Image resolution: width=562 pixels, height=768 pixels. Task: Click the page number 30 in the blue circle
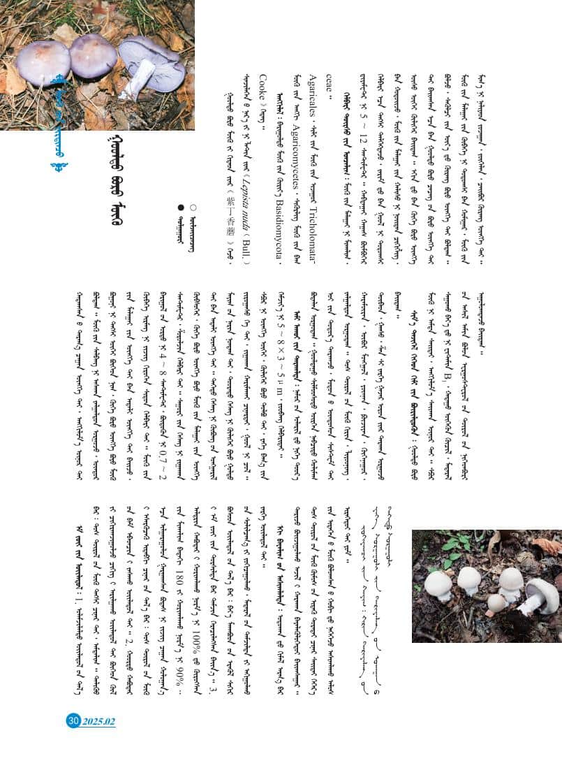coord(73,721)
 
